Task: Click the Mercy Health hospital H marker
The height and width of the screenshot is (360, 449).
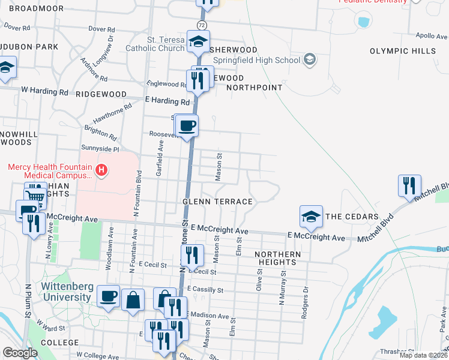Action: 101,170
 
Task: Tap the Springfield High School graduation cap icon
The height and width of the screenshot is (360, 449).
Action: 309,59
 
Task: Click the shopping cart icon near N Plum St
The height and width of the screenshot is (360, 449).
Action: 36,194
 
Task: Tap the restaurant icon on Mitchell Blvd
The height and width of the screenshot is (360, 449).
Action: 409,186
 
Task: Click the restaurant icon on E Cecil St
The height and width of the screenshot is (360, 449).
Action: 193,256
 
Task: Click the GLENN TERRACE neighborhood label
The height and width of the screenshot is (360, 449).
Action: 217,202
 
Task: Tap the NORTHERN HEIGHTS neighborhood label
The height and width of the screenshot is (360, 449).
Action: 277,259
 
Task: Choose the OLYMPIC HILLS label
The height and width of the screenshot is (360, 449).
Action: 403,51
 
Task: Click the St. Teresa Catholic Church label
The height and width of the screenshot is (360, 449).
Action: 155,44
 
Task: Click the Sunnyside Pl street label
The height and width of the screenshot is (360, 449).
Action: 100,148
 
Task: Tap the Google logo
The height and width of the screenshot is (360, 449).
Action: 20,353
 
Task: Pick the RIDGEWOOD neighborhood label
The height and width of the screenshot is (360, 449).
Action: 101,94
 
